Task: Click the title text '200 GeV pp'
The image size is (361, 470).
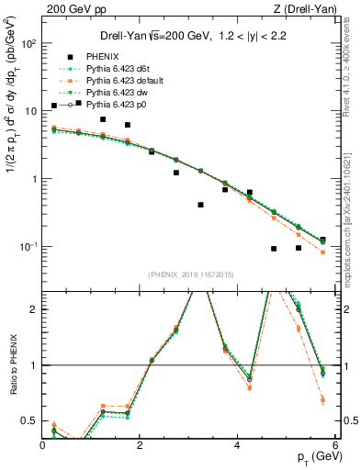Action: point(73,9)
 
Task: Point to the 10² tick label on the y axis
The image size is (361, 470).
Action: point(28,43)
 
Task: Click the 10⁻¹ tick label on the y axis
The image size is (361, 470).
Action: point(28,247)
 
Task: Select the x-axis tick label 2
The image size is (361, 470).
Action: point(140,444)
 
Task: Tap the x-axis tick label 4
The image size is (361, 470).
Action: point(237,444)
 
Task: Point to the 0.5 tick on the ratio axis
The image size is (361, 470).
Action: point(31,421)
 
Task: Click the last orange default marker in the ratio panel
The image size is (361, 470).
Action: point(322,399)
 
